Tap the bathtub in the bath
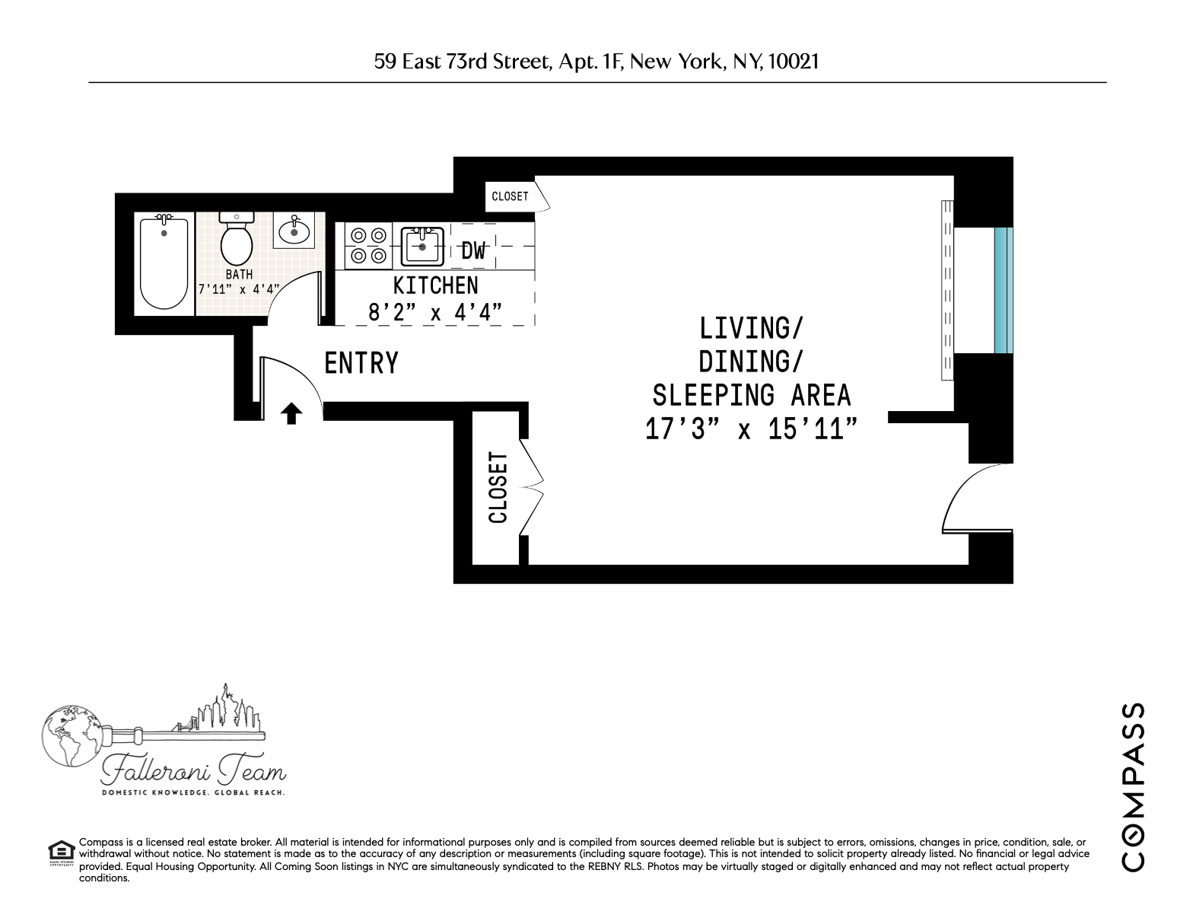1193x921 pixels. point(164,263)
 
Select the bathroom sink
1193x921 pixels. point(294,230)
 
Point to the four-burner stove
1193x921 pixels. point(368,246)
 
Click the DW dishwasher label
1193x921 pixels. point(473,251)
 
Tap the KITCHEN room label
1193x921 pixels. point(435,285)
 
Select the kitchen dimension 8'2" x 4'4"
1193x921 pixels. point(435,312)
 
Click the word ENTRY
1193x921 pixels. point(361,363)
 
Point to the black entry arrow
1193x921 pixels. point(291,413)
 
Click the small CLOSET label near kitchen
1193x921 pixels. point(510,196)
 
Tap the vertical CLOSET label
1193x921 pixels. point(498,488)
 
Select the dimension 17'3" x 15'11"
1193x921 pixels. point(752,429)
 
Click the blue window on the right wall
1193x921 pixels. point(1004,291)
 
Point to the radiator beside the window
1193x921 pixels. point(946,290)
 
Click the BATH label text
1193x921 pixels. point(239,274)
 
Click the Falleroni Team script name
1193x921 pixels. point(194,773)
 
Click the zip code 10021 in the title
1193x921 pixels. point(794,62)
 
